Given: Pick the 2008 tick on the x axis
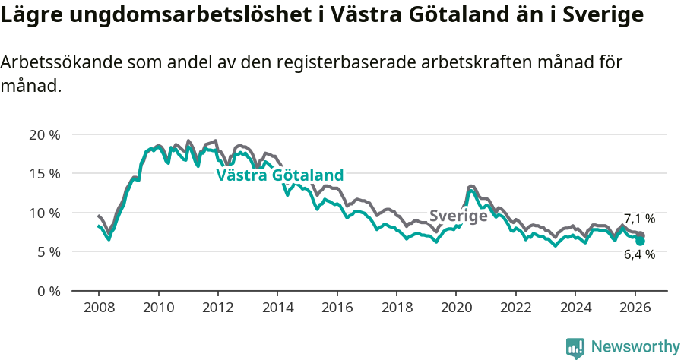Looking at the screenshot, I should (99, 308).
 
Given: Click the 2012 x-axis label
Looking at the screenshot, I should (217, 308).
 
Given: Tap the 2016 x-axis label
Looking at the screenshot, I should (337, 308).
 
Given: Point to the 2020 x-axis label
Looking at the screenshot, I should (456, 308).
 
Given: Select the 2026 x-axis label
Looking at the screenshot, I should (635, 308).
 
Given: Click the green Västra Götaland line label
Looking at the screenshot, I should (280, 175).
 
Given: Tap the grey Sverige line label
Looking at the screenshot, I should (458, 216).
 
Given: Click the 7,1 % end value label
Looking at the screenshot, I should (639, 219).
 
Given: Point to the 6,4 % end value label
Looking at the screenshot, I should (639, 255).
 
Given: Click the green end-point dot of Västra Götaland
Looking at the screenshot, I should (641, 241).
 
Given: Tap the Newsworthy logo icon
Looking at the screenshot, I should (575, 348).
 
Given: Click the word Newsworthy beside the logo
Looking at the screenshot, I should (635, 347).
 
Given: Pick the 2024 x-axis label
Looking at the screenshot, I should (575, 308).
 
